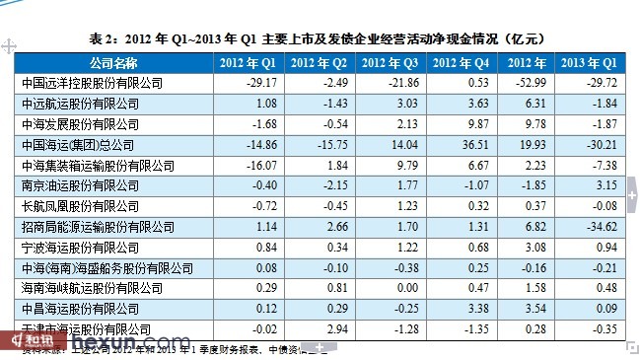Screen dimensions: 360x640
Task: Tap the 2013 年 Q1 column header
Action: click(x=590, y=63)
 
